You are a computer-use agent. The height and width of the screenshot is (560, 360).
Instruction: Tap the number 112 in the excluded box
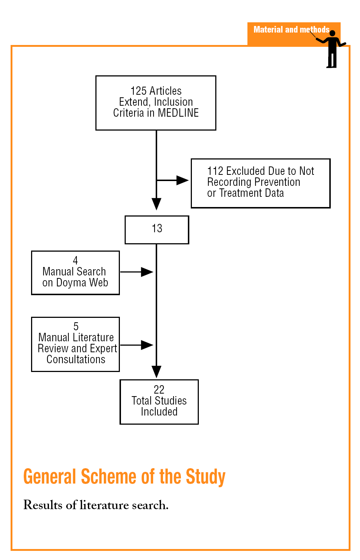(215, 171)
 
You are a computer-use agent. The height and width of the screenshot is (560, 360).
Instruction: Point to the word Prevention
(277, 182)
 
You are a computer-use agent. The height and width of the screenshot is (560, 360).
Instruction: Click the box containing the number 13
(157, 229)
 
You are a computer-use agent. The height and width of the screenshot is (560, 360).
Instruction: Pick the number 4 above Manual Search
(75, 260)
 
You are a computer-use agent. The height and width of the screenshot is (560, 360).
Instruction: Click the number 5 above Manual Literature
(76, 326)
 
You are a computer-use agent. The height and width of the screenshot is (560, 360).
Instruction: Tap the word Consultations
(76, 360)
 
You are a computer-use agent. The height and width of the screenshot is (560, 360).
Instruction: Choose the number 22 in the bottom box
(159, 390)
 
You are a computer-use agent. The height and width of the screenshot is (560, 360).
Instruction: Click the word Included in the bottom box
(159, 412)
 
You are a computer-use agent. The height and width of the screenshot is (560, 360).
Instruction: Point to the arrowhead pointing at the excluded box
(182, 180)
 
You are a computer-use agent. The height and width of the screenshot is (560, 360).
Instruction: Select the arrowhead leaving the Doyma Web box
(147, 272)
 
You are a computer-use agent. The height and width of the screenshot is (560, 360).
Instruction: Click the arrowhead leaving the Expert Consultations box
(147, 345)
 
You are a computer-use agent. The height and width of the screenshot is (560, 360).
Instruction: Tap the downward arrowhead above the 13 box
(156, 203)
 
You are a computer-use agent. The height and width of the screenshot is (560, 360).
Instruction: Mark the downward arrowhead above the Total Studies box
(156, 371)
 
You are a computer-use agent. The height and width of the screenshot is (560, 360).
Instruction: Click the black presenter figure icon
(332, 50)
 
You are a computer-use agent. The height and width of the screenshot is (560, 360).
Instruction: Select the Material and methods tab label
(291, 30)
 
